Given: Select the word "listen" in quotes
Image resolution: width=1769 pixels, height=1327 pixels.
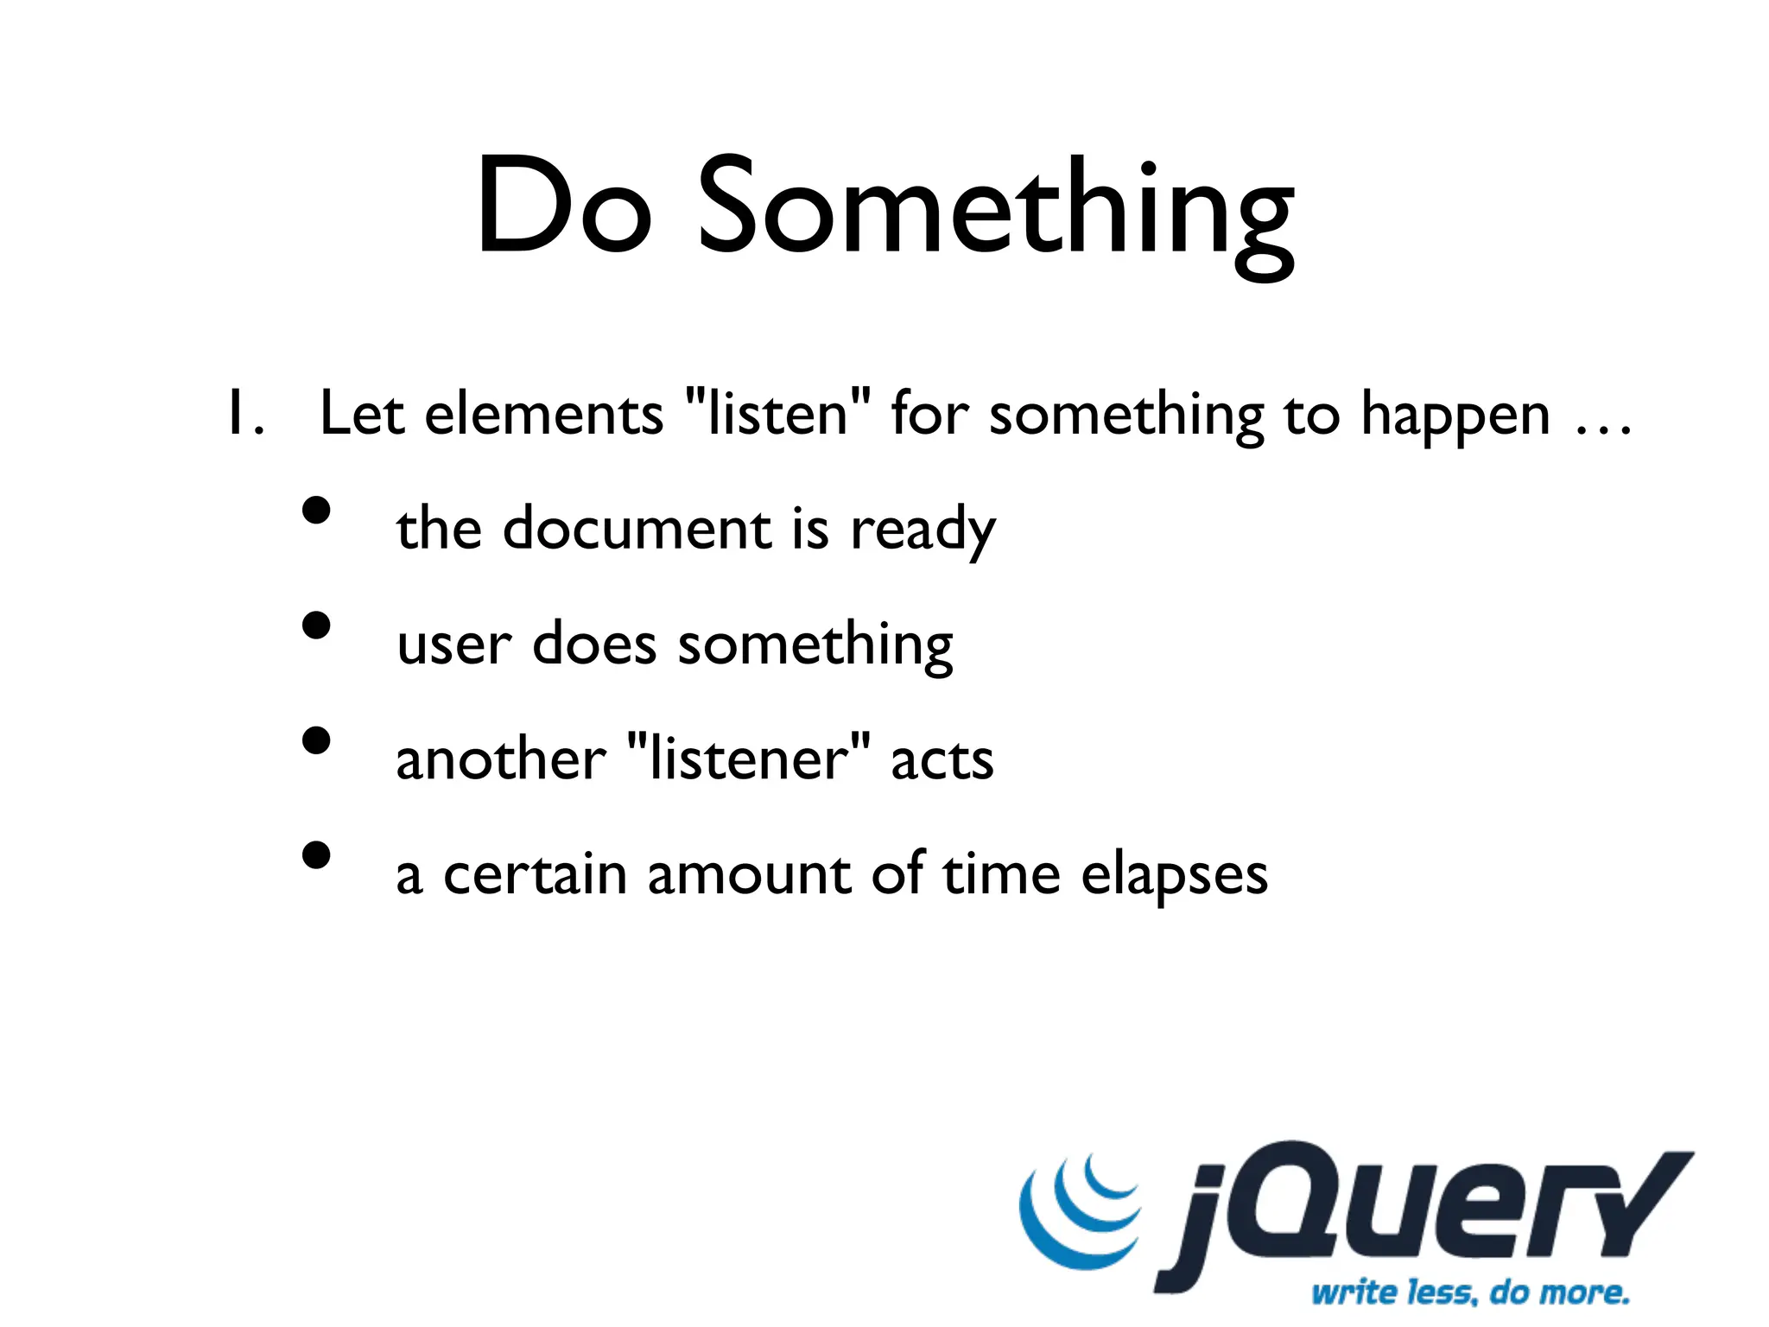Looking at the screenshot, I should point(777,413).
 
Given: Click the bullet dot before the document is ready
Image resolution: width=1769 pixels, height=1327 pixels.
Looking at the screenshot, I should point(317,510).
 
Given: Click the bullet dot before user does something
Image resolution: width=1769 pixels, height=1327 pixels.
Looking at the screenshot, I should point(317,625).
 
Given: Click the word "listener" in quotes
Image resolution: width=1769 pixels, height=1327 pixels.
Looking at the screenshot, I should point(748,759).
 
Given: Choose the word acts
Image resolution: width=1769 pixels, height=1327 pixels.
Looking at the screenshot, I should point(942,761).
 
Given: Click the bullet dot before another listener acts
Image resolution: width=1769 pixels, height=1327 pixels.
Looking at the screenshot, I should point(317,740).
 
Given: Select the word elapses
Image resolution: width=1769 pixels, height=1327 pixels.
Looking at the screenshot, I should point(1174,876).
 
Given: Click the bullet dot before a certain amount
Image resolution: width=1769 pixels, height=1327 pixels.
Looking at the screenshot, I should point(317,855).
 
